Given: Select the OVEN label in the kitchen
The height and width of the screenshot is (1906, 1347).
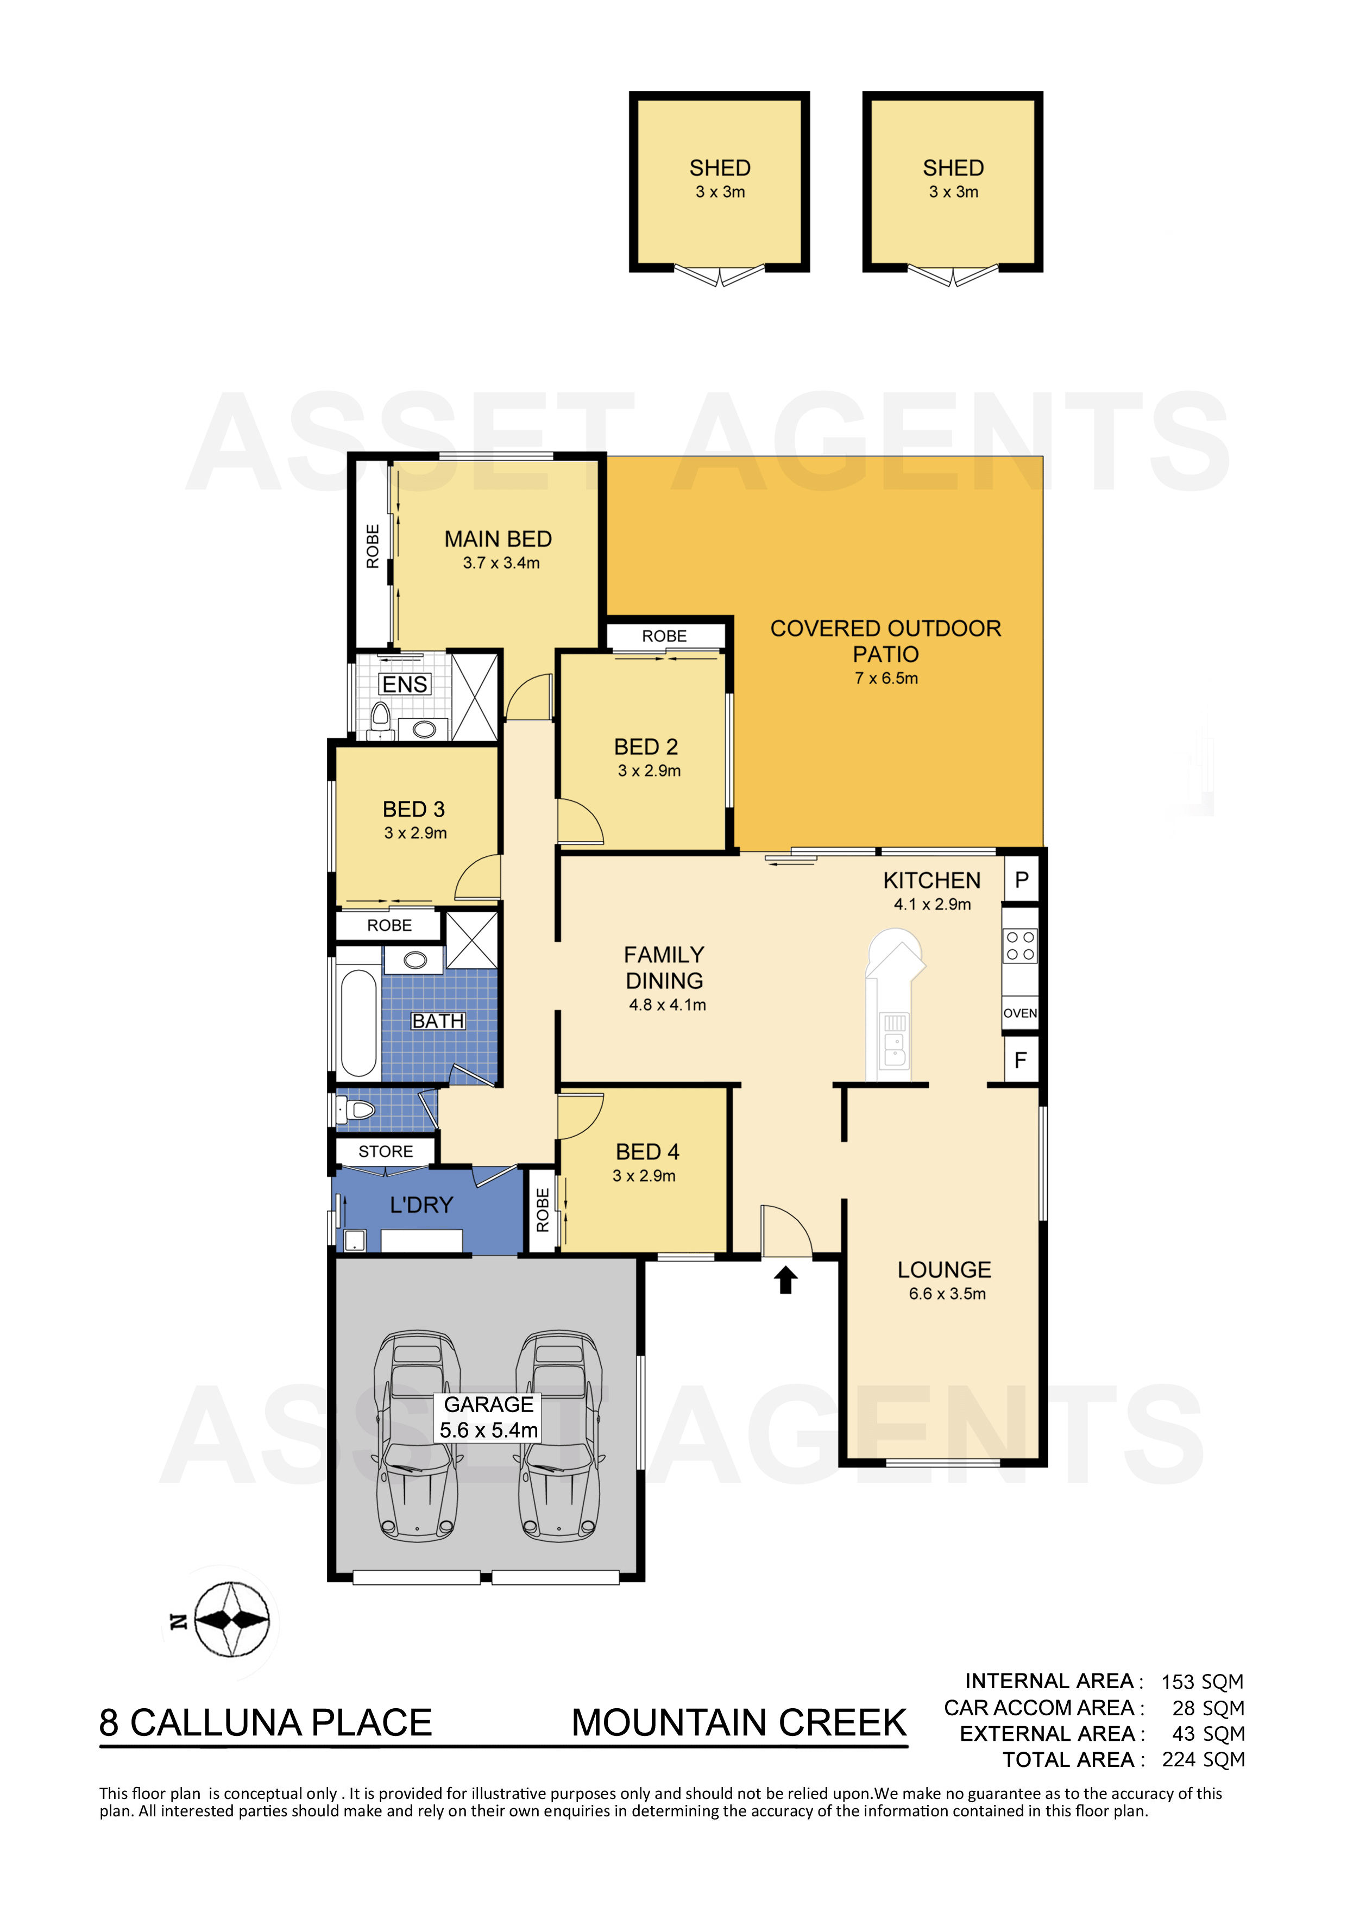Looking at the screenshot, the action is click(1020, 1013).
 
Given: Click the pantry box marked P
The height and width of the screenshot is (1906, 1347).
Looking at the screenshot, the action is click(1022, 879).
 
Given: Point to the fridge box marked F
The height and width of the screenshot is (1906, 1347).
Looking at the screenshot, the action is click(1021, 1060).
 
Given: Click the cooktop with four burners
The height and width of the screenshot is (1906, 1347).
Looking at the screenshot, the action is click(1020, 945).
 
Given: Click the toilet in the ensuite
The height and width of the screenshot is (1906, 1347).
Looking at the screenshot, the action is click(381, 718).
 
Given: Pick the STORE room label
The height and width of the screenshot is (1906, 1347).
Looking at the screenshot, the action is click(386, 1151).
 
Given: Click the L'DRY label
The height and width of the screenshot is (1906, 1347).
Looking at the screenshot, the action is click(421, 1205).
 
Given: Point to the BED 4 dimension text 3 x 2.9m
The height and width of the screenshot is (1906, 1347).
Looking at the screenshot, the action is click(644, 1175).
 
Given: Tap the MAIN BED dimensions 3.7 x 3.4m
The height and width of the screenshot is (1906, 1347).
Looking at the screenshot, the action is click(501, 563).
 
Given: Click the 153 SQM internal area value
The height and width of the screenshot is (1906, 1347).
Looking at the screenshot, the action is click(1202, 1682).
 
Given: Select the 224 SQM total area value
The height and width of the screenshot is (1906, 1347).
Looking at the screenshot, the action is click(1204, 1760).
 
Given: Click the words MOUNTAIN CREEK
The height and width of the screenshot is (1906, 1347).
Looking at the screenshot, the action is click(739, 1722).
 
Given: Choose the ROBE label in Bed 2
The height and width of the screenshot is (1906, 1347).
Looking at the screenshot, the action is click(664, 636).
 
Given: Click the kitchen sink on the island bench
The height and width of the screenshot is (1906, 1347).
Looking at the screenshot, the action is click(895, 1040).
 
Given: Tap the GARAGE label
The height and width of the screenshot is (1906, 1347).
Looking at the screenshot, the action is click(489, 1404).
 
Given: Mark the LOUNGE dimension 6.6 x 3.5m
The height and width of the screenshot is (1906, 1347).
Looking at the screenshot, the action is click(947, 1293).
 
